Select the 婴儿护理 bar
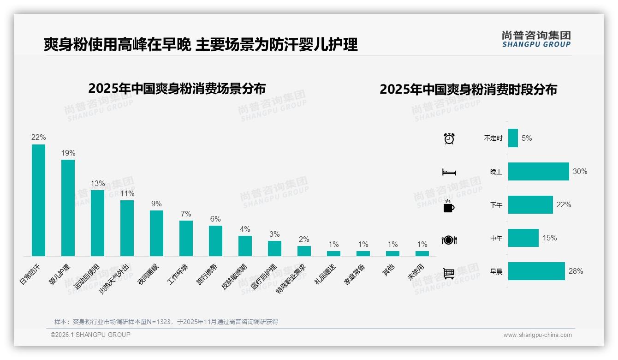(68, 208)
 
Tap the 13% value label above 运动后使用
(97, 183)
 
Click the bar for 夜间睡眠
(156, 233)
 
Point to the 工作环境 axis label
(178, 275)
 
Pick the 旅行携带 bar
(215, 240)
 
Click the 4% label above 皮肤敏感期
(245, 229)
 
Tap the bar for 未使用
(422, 253)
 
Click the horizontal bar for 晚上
(538, 171)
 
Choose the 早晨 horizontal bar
(536, 271)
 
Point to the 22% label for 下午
(564, 204)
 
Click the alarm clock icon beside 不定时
(449, 138)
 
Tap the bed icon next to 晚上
(449, 172)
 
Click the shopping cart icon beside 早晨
(449, 273)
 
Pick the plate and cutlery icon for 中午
(449, 240)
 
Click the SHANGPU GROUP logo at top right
(536, 39)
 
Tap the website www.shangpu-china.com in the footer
(537, 335)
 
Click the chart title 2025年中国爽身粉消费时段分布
(468, 89)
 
